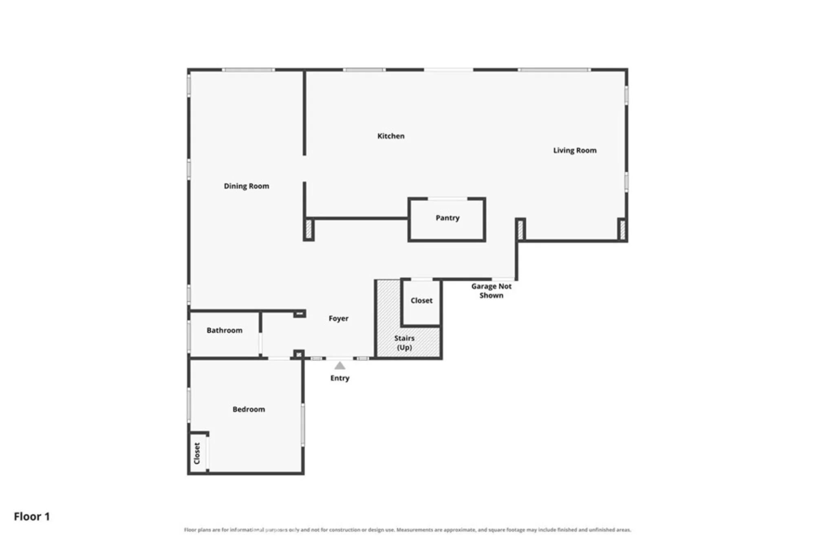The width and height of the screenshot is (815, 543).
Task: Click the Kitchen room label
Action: tap(391, 136)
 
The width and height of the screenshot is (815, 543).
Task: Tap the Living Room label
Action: tap(575, 150)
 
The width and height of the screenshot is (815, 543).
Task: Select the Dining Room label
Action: tap(247, 186)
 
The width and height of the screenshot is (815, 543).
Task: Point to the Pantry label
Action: tap(447, 218)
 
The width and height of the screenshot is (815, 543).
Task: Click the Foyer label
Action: tap(339, 318)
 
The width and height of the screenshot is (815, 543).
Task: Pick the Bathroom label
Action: tap(225, 330)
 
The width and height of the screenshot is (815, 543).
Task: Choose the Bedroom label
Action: tap(249, 409)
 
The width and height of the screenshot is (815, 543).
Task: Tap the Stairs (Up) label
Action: tap(404, 343)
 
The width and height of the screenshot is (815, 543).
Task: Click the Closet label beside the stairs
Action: tap(421, 300)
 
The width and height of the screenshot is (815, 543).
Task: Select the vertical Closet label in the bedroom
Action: tap(197, 453)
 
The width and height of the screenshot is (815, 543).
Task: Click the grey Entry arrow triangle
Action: tap(340, 366)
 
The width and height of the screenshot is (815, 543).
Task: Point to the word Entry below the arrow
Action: tap(340, 378)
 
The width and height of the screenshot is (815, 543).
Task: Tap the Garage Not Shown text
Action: tap(491, 291)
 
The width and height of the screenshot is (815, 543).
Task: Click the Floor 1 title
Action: tap(32, 517)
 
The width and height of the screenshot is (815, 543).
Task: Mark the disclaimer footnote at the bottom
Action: tap(407, 530)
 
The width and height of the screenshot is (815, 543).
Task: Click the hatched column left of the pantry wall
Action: tap(309, 230)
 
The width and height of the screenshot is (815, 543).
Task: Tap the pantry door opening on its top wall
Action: tap(447, 199)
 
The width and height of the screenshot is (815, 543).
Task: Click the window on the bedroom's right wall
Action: tap(303, 424)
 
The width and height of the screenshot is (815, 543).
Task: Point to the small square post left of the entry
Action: tap(299, 355)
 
